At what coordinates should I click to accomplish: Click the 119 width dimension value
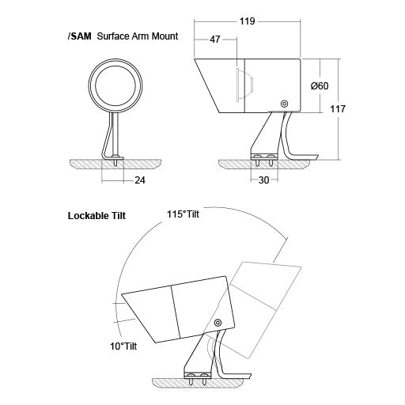pos(247,21)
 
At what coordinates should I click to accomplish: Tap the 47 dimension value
pos(215,40)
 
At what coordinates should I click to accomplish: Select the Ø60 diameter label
pos(320,86)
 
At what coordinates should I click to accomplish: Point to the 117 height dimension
pos(338,108)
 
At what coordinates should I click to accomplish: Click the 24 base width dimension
pos(140,180)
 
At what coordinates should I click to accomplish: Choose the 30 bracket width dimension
pos(263,180)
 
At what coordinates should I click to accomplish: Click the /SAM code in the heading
pos(79,36)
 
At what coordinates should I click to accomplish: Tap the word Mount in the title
pos(165,36)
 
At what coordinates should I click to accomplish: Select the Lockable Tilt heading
pos(97,216)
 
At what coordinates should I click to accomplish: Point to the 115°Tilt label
pos(183,214)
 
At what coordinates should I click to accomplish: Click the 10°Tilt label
pos(123,346)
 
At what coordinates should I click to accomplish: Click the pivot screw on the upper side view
pos(284,104)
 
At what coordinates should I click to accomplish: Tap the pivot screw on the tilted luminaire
pos(218,322)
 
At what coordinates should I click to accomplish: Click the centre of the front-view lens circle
pos(115,85)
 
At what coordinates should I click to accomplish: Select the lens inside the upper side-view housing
pos(244,85)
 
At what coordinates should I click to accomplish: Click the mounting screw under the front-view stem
pos(115,160)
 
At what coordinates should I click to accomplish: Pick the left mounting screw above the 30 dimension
pos(257,160)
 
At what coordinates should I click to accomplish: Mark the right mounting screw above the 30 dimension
pos(271,160)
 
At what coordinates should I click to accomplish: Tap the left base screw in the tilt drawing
pos(190,378)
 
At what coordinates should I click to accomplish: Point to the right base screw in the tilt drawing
pos(203,378)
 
